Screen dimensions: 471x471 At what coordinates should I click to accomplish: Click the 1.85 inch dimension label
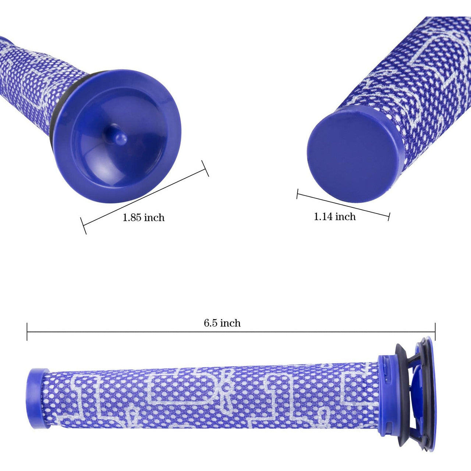pos(144,217)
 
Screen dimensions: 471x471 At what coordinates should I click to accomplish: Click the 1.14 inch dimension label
pos(334,216)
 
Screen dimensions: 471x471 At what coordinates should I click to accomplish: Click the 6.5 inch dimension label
pos(222,323)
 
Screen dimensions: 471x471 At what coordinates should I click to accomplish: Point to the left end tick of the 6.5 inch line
pos(27,332)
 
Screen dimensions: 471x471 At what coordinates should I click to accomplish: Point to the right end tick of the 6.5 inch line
pos(435,332)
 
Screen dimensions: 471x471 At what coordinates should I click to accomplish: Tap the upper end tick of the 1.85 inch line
pos(205,168)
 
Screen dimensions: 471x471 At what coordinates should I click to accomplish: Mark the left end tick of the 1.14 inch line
pos(297,194)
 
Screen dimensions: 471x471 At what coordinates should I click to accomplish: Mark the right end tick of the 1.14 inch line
pos(389,216)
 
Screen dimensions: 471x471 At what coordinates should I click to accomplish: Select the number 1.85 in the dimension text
pos(132,217)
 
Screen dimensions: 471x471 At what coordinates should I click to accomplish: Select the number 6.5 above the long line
pos(210,323)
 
